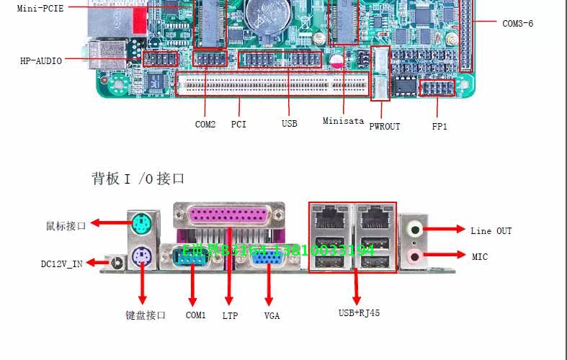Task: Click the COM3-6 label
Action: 517,23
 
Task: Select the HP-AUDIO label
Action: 40,61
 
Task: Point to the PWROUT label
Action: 384,126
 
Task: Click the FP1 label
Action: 439,126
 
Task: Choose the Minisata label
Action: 343,121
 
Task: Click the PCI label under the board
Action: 238,124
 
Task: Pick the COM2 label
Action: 205,124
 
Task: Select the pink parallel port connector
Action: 229,217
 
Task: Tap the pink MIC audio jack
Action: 415,256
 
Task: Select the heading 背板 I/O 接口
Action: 138,178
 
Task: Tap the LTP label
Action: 230,315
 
